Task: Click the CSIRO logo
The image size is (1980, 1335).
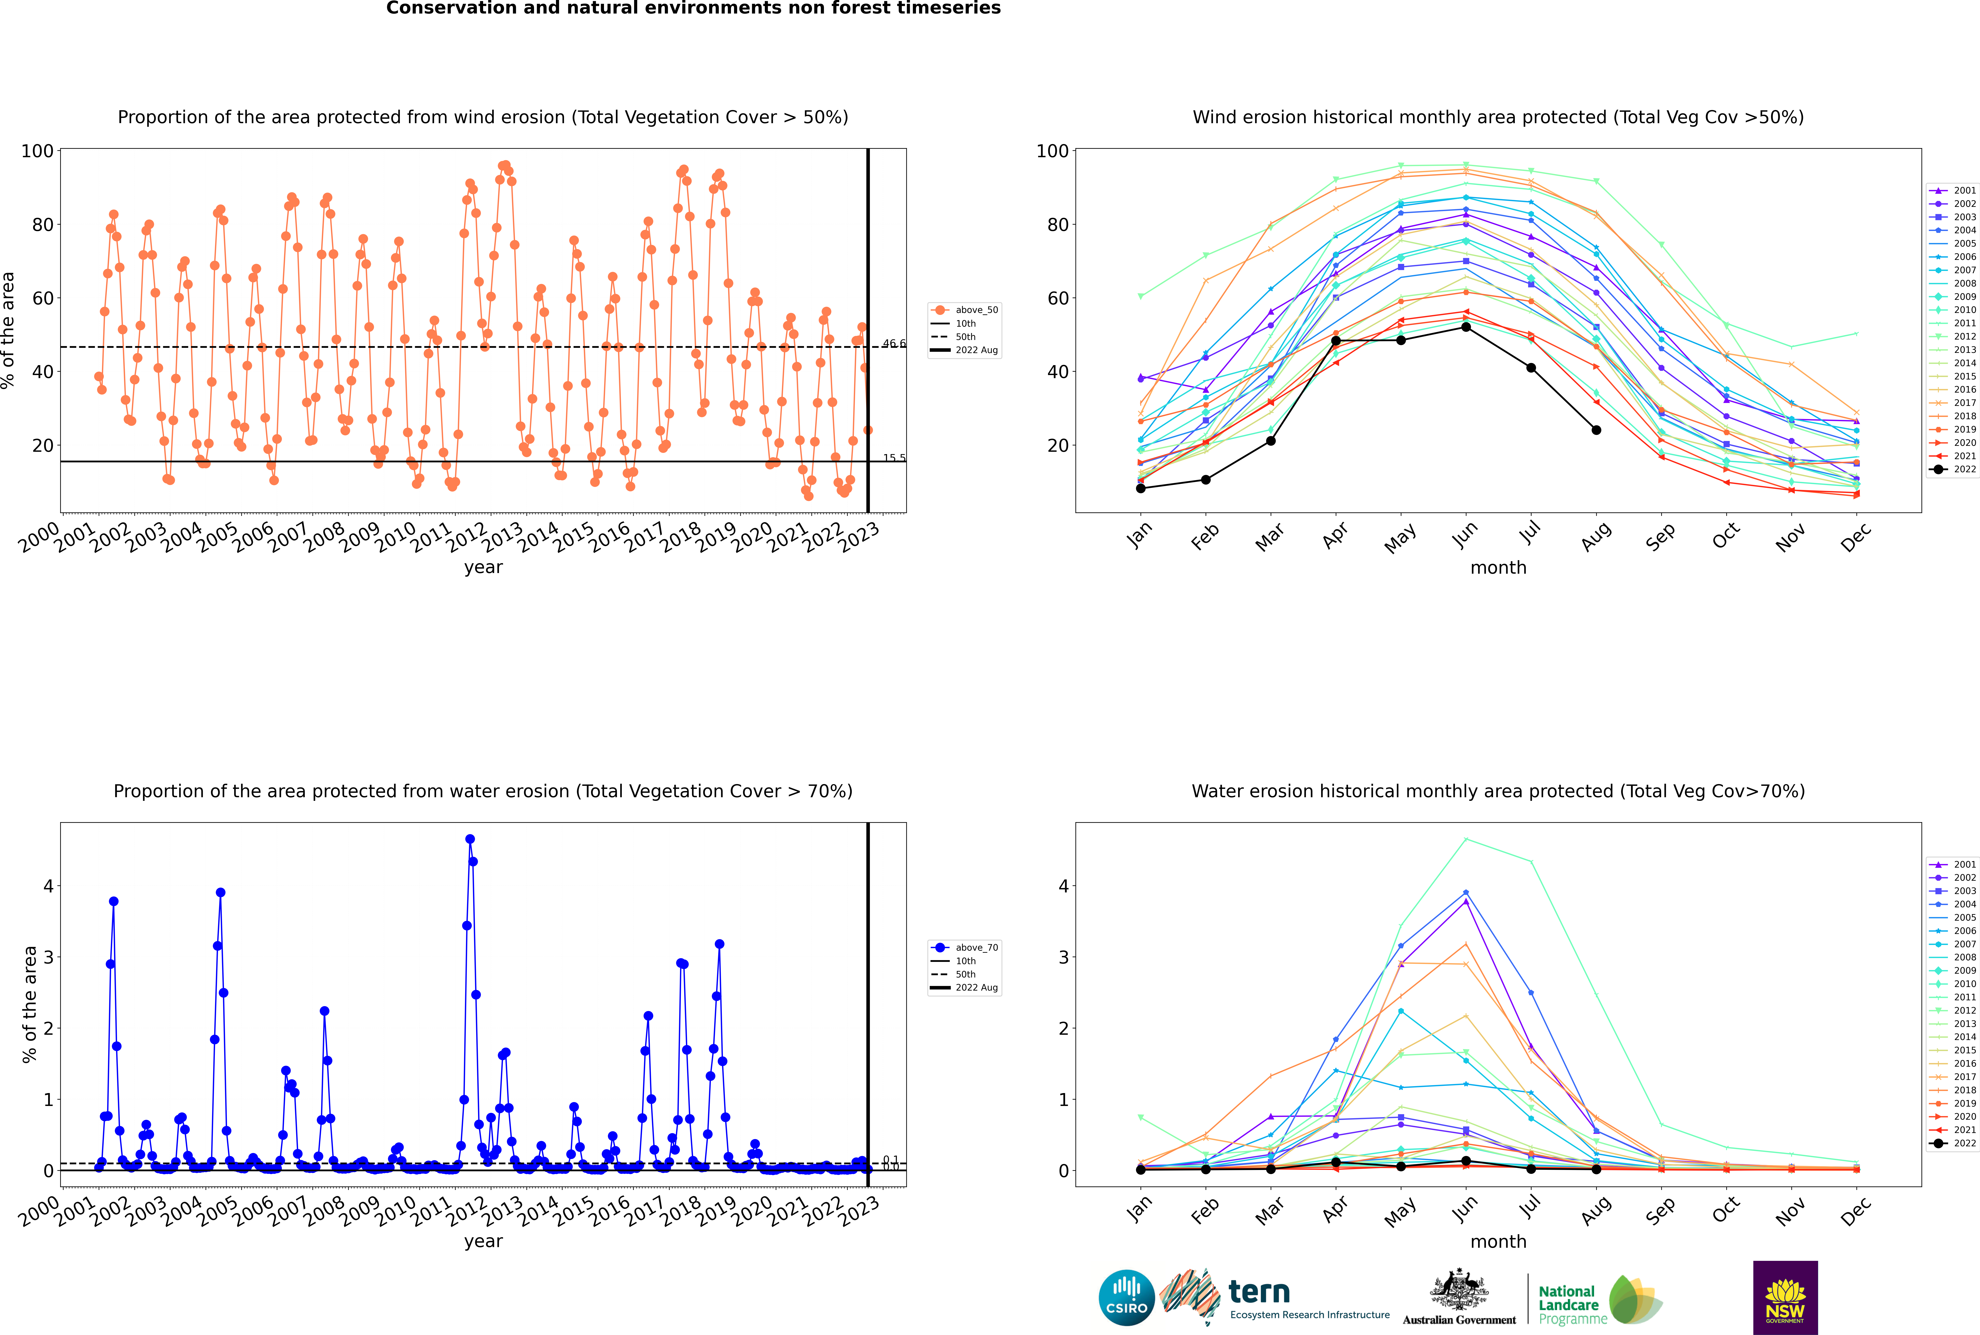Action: click(1126, 1298)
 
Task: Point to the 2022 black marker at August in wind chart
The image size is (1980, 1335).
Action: click(1596, 430)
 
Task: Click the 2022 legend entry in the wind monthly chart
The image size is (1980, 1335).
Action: click(1955, 469)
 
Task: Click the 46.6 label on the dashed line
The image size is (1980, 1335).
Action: click(894, 344)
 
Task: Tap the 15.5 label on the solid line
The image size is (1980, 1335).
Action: click(894, 458)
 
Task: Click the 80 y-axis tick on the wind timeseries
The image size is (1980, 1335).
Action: click(37, 225)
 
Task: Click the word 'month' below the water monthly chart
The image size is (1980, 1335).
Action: click(1498, 1241)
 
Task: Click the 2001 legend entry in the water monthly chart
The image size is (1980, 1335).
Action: click(1955, 864)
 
